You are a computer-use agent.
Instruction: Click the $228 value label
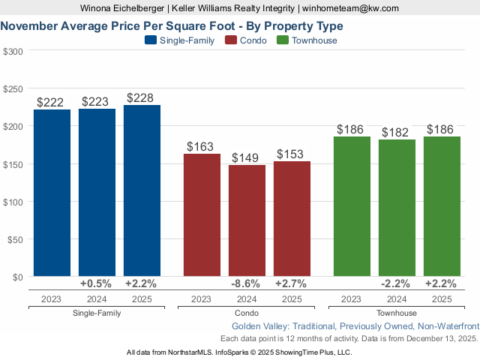coord(142,98)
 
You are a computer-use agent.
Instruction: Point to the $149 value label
coord(247,158)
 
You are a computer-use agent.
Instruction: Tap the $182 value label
coord(397,133)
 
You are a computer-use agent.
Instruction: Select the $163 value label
coord(202,147)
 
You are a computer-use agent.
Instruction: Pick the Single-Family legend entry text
coord(187,40)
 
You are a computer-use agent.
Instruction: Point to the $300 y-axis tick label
coord(13,51)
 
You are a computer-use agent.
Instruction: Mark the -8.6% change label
coord(247,283)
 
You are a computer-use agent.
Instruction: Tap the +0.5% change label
coord(97,283)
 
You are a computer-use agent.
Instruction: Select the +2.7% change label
coord(292,283)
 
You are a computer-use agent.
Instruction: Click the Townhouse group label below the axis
coord(397,313)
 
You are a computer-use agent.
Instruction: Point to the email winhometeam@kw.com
coord(350,8)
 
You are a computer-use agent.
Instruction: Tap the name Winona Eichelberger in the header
coord(122,8)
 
